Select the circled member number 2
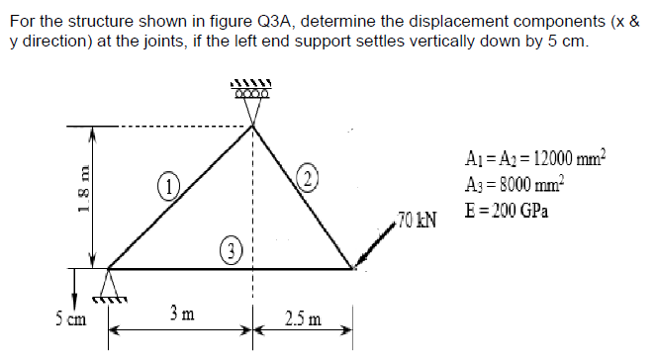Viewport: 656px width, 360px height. (x=309, y=179)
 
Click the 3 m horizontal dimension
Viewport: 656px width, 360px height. (x=179, y=315)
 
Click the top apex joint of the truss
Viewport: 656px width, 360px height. (x=252, y=126)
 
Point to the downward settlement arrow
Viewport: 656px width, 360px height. (x=75, y=288)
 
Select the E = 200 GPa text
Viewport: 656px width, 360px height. (x=506, y=213)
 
